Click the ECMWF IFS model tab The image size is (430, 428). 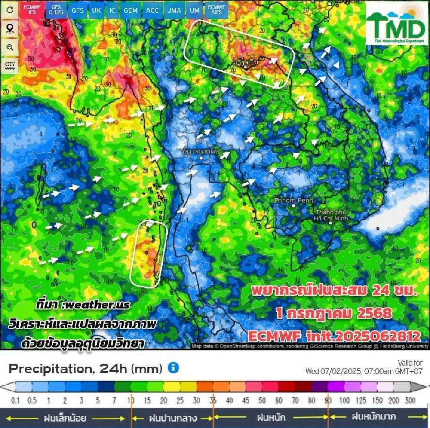[32, 10]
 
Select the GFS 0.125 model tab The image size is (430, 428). [56, 10]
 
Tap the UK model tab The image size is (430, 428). [96, 10]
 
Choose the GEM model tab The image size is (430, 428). [130, 10]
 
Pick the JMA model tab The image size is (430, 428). [174, 10]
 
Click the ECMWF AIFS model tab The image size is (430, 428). [216, 10]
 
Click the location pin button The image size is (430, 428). [10, 28]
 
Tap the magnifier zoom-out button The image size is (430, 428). [10, 47]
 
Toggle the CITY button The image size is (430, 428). [10, 66]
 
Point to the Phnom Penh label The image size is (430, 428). [293, 201]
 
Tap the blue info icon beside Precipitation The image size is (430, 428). [173, 368]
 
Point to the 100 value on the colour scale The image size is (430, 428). [344, 400]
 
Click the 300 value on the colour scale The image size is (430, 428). [410, 400]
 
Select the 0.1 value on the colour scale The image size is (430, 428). [15, 400]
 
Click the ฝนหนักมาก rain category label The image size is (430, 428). [374, 417]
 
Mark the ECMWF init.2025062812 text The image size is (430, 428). [334, 336]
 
